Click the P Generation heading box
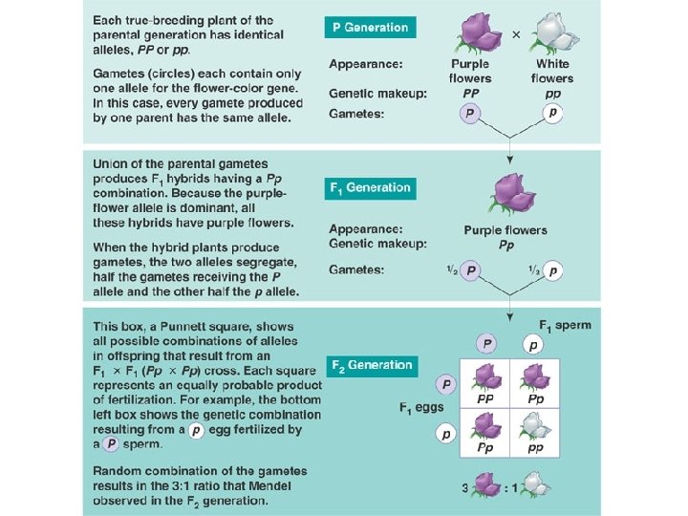(x=370, y=28)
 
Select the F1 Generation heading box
(x=371, y=188)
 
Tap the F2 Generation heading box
(x=372, y=365)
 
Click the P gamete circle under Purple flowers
(x=469, y=114)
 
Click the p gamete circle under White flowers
(x=552, y=113)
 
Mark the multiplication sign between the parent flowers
(x=516, y=34)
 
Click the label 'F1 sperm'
(x=565, y=325)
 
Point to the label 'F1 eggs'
(x=420, y=408)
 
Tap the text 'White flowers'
(x=554, y=72)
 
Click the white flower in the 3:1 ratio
(x=537, y=486)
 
